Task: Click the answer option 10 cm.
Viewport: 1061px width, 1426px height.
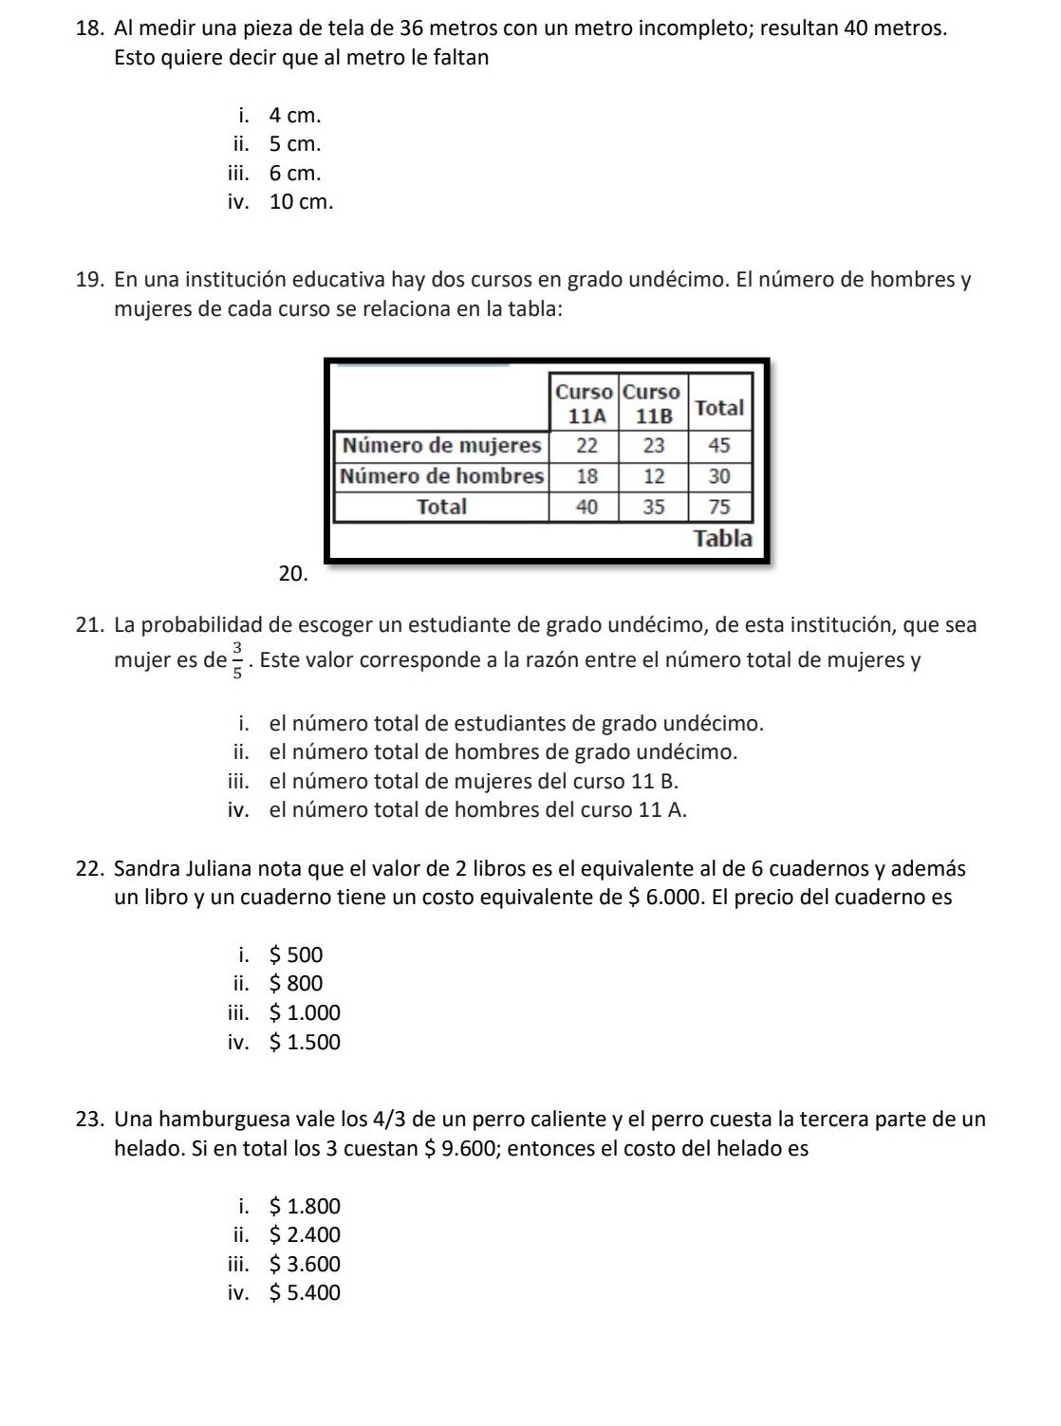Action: click(x=301, y=202)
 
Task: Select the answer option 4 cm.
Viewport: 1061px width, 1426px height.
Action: click(x=294, y=116)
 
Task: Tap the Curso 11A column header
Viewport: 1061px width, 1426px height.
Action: click(x=584, y=404)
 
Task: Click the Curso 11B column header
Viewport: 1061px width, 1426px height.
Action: click(x=652, y=404)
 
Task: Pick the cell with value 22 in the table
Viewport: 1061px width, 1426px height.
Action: click(x=586, y=445)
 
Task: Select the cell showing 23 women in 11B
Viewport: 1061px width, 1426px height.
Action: click(x=653, y=445)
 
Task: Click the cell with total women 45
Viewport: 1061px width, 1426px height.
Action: click(x=719, y=445)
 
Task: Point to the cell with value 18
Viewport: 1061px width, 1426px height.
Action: click(x=586, y=476)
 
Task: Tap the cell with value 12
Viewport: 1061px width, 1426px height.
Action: click(x=653, y=476)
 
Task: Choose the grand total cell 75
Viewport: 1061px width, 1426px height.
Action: click(x=719, y=507)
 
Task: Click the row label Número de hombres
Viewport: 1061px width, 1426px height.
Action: click(x=442, y=476)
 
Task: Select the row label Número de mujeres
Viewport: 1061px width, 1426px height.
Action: click(x=442, y=445)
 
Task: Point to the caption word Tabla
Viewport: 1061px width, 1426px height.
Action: click(x=722, y=538)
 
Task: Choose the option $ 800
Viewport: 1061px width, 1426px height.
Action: click(x=295, y=984)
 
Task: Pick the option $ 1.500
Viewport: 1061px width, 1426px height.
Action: click(x=304, y=1043)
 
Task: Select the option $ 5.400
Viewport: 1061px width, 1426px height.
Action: click(x=304, y=1293)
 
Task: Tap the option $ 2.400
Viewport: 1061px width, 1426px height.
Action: click(x=304, y=1235)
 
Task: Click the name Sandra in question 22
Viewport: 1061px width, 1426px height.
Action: click(x=145, y=869)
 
